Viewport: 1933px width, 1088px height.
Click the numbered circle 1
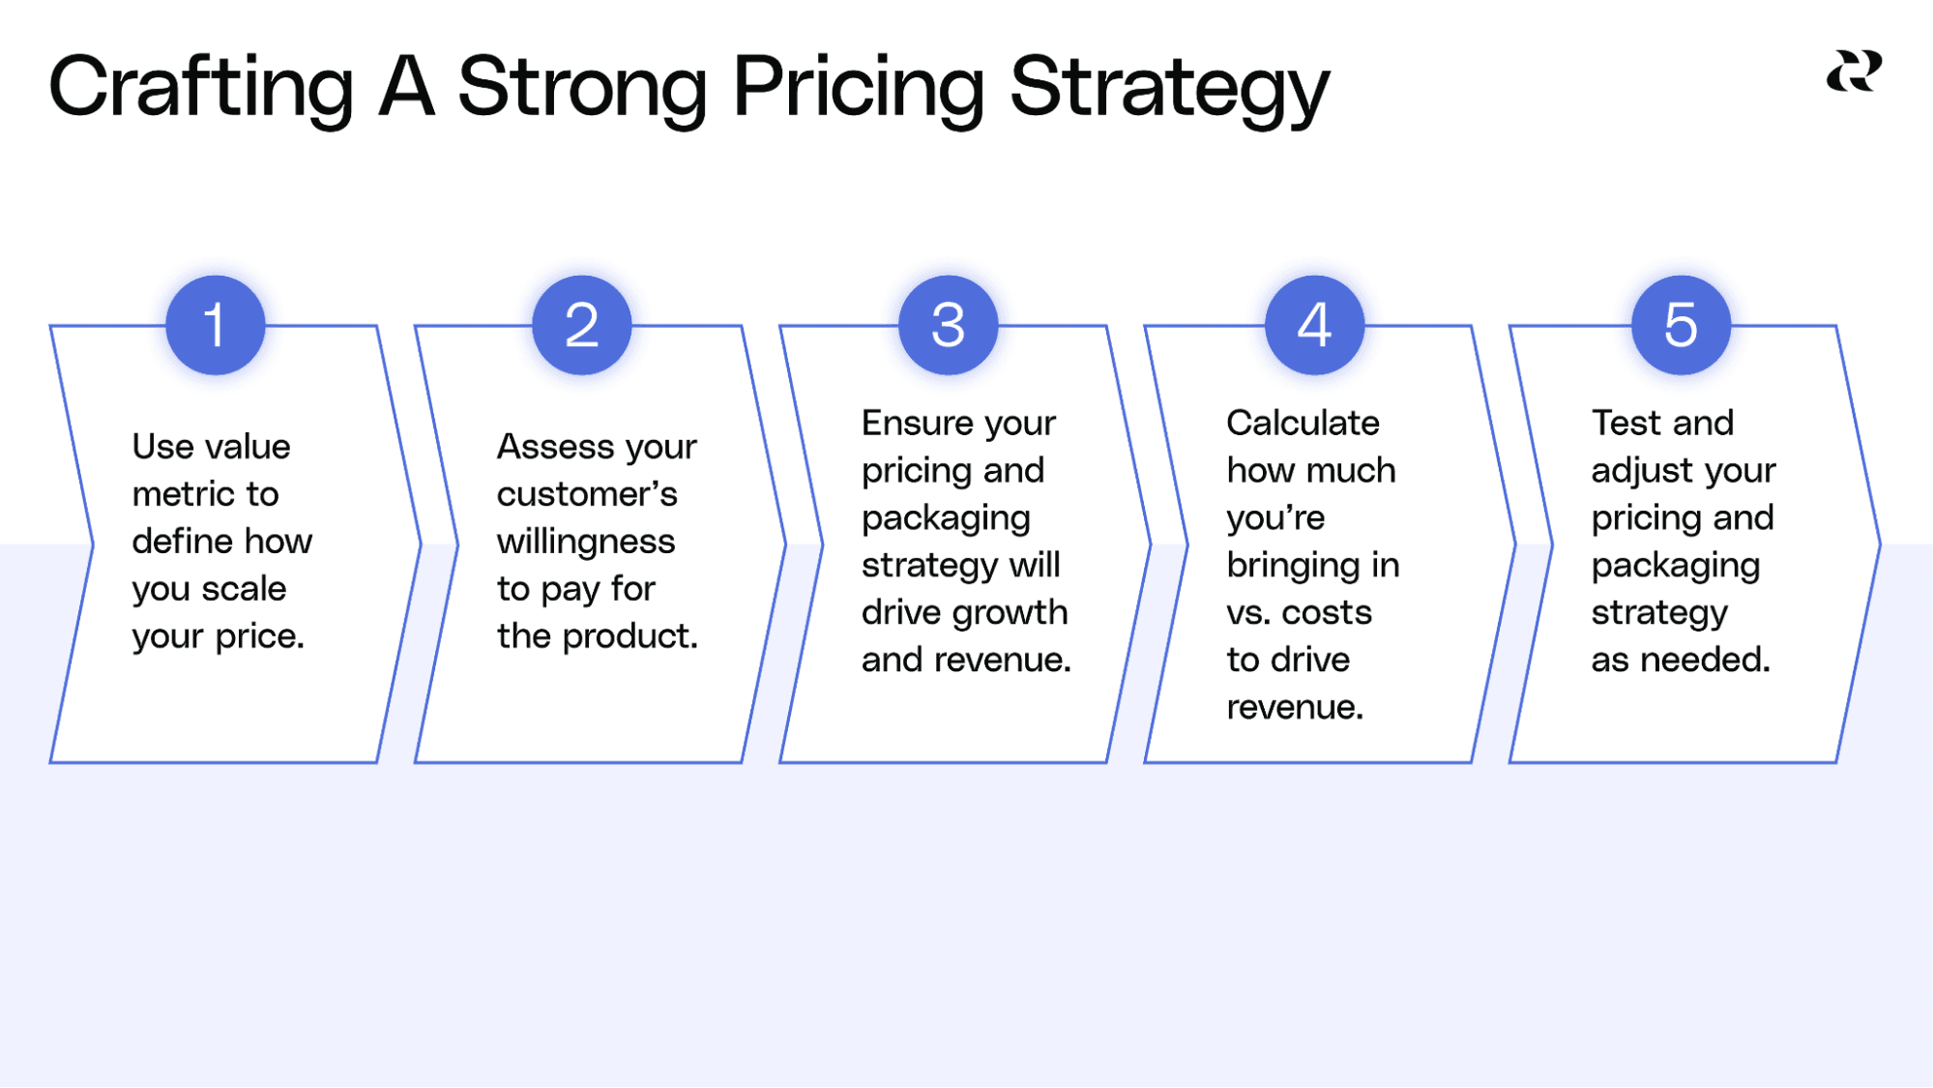215,325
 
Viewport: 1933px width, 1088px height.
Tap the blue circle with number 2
581,325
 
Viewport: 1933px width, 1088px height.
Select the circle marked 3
948,325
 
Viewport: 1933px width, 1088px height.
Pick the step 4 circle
1314,325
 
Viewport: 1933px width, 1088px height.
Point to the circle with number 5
1681,325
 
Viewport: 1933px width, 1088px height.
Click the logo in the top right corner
1854,73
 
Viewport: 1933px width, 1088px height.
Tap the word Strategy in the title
1169,87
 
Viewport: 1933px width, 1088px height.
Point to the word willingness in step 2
585,542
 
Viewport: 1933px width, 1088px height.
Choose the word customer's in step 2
587,494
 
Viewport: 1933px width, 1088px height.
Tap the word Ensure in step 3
905,423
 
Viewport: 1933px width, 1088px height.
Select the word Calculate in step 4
1303,423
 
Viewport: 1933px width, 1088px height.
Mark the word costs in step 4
1327,613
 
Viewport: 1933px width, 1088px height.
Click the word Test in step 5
1625,423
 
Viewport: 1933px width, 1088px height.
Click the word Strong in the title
582,87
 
